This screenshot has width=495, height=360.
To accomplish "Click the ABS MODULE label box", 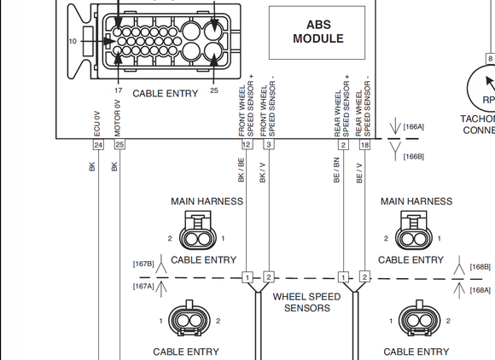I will [317, 32].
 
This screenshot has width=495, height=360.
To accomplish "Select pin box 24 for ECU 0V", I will [98, 145].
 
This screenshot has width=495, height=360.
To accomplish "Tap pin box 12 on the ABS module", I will [247, 145].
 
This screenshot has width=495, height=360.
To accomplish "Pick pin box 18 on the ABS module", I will [365, 145].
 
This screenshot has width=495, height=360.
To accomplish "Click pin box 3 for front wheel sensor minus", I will [268, 145].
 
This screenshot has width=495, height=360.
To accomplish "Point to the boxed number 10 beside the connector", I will [73, 41].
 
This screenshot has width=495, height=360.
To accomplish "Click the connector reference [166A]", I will [414, 126].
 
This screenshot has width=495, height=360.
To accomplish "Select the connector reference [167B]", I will [143, 264].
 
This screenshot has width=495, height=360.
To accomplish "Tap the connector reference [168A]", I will [481, 290].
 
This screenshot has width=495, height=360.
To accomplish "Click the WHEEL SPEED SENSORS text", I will [306, 302].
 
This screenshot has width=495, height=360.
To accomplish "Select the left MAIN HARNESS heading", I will [207, 201].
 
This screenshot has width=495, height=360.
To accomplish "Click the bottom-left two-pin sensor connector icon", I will [189, 321].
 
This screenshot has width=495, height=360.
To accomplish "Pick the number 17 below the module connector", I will [118, 90].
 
